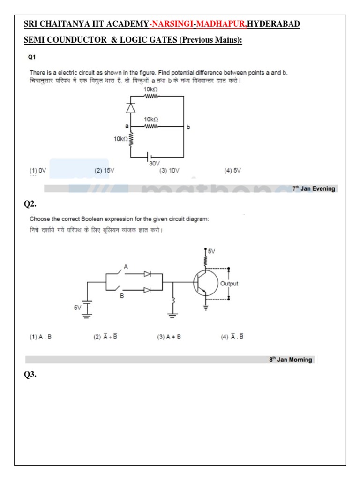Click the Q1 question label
(32, 57)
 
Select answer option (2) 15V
(104, 171)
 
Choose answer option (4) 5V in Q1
(232, 171)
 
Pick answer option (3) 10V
(169, 171)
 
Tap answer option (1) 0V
(38, 171)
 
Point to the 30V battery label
(154, 164)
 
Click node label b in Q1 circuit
(188, 127)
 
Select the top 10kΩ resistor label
(150, 89)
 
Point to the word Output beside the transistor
(229, 284)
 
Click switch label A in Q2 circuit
(125, 266)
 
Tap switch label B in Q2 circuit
(121, 296)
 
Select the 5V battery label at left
(77, 307)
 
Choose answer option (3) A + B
(169, 337)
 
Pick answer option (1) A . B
(41, 337)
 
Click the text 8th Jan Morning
(290, 360)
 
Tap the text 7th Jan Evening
(314, 188)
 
